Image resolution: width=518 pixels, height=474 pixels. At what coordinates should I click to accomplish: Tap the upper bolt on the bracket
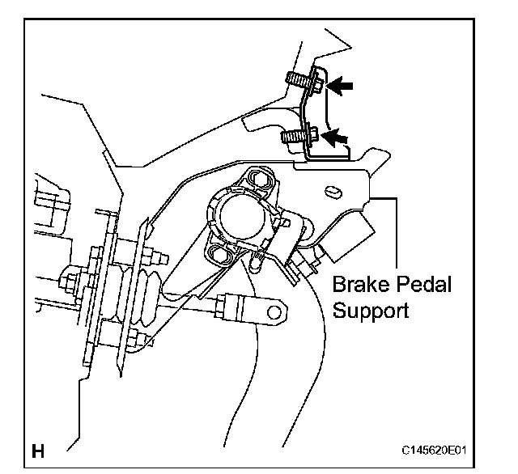pos(303,81)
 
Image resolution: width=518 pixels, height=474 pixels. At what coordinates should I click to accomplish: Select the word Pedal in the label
pos(422,285)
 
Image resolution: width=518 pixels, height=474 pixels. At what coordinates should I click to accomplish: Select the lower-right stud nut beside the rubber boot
pos(146,340)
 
